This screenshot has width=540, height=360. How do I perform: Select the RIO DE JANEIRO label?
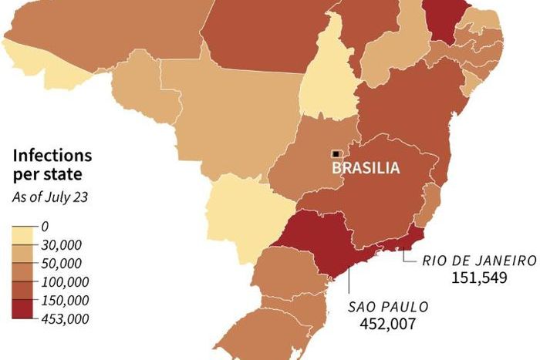478,260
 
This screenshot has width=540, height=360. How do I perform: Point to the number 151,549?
480,277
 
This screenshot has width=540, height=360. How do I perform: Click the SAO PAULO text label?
387,306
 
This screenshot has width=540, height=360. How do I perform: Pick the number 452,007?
388,324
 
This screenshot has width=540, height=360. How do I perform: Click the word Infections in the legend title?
52,156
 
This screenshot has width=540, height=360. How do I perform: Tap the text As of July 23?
49,197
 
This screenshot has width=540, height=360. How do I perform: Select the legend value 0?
45,227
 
